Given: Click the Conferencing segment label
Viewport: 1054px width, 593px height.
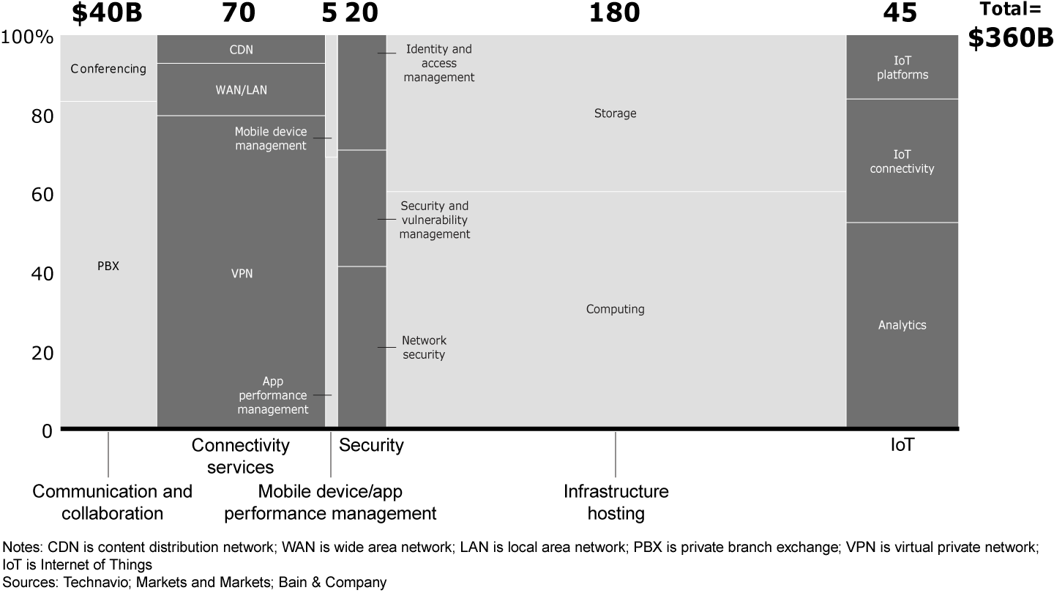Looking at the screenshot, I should point(108,69).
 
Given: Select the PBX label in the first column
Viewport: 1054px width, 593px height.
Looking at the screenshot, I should point(108,266).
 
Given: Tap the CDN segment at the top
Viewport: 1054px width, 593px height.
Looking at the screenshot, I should point(241,50).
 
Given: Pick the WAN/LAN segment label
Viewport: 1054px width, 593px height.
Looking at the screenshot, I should point(241,91).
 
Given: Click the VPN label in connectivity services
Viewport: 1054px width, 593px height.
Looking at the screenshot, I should point(242,273).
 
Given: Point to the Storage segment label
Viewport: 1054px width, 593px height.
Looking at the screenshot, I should point(615,113).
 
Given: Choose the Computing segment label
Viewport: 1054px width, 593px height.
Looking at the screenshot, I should point(615,309).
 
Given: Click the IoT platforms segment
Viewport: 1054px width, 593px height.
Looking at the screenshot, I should point(902,67).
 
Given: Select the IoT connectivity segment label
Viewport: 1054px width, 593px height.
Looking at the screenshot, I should point(902,162).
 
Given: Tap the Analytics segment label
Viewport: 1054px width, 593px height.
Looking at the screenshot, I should point(902,325).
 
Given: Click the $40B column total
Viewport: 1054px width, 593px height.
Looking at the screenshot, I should point(108,12).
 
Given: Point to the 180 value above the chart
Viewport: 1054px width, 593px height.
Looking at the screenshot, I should point(614,12).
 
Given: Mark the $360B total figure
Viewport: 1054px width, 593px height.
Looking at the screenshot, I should point(1010,40).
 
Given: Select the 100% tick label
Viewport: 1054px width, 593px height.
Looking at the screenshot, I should point(28,37).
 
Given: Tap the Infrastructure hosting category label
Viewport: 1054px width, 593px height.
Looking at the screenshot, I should point(616,501).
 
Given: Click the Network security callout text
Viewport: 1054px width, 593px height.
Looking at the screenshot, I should point(424,348).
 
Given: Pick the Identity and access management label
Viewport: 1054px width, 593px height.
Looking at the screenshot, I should point(439,63).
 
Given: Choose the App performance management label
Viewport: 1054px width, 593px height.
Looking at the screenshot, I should point(273,395).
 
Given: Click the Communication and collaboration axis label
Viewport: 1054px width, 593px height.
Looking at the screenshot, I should point(112,501).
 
